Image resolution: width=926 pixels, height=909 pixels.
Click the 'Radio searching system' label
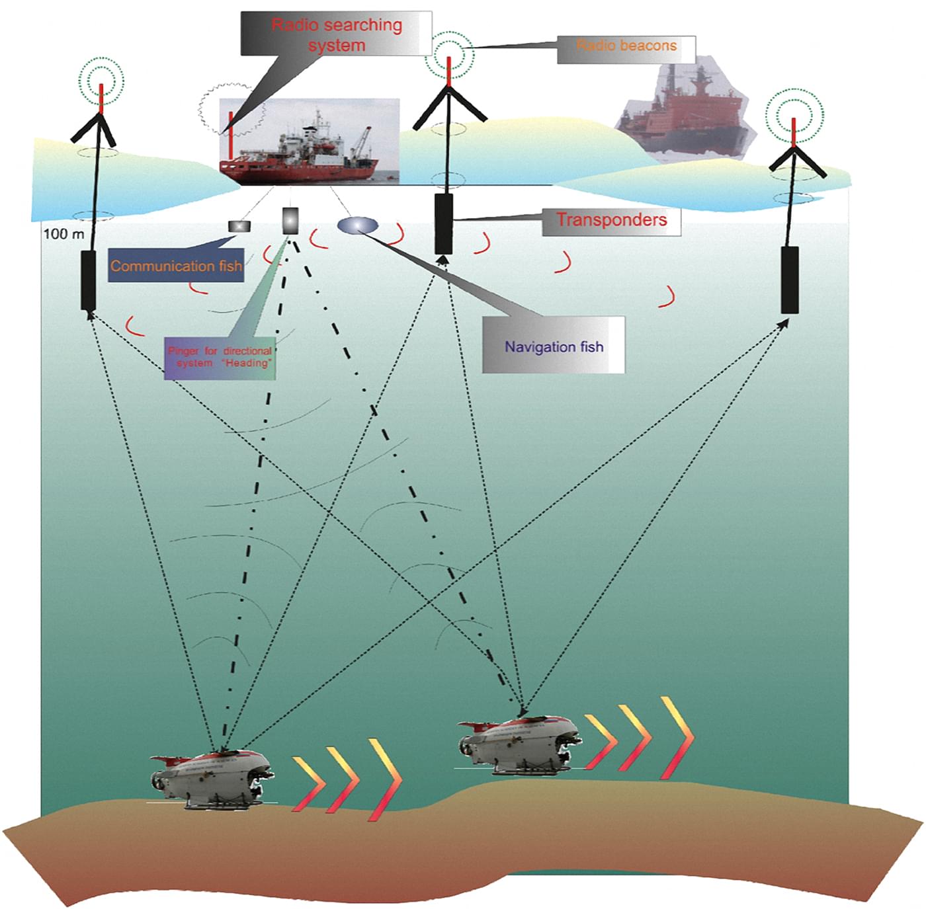tap(336, 34)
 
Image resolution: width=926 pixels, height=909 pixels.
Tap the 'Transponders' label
tap(611, 221)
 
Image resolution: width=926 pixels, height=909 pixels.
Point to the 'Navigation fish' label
tap(554, 346)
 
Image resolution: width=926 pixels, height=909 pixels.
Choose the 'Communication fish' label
tap(175, 266)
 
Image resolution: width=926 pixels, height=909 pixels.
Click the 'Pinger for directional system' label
tap(220, 357)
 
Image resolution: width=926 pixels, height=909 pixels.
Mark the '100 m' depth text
tap(63, 234)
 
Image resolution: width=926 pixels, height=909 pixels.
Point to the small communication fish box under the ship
tap(239, 226)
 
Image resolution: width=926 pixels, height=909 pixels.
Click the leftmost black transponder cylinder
tap(89, 280)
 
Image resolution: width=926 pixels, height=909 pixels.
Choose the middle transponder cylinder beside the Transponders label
tap(443, 223)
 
